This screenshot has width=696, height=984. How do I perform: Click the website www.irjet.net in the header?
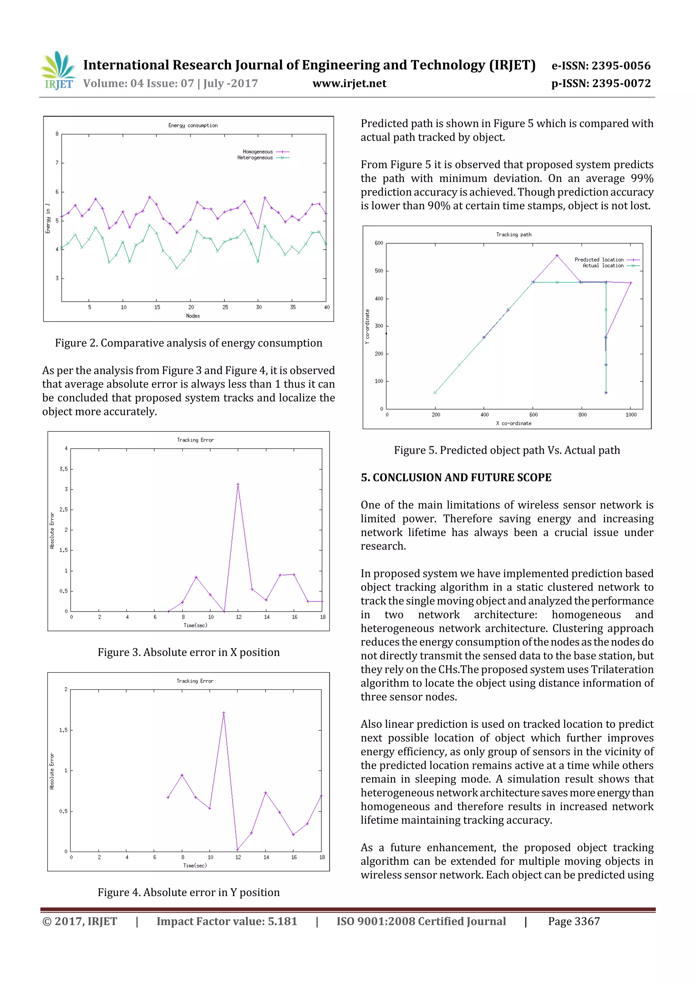(x=349, y=84)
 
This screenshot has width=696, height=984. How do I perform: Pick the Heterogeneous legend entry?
(x=263, y=158)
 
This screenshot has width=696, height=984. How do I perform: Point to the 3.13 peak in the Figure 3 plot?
(x=238, y=484)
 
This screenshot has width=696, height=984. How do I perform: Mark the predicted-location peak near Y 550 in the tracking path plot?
(x=557, y=256)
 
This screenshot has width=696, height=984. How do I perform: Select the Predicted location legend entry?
(x=606, y=260)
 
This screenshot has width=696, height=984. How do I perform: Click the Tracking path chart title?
(x=514, y=234)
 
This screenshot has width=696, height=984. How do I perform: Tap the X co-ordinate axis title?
(x=514, y=424)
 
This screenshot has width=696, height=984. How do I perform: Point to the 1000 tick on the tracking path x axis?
(x=631, y=415)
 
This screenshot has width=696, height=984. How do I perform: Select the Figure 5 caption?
(x=507, y=450)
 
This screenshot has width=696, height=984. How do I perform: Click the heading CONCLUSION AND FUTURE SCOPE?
(x=456, y=478)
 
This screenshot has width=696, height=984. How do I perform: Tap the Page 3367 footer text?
(x=574, y=922)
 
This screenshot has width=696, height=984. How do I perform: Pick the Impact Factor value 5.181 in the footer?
(x=226, y=922)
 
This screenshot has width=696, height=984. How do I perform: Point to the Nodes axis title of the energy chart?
(x=193, y=316)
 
